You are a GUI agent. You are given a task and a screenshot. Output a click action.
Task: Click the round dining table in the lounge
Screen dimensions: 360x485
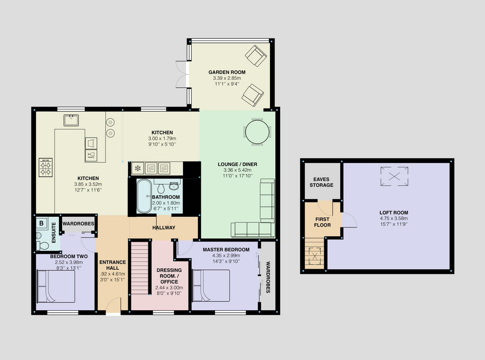pos(257,132)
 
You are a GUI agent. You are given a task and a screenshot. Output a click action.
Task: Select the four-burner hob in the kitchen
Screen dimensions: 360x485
pos(46,167)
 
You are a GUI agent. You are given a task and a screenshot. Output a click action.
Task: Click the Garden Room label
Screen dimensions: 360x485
pos(227,72)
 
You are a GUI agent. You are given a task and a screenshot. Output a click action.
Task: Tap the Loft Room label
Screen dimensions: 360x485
pos(393,212)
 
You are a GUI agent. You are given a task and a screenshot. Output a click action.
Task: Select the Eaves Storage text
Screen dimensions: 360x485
pos(322,182)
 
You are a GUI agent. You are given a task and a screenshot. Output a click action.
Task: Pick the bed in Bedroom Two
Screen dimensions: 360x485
pos(56,287)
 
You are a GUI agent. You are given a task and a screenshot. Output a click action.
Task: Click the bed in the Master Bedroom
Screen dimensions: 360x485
pos(211,286)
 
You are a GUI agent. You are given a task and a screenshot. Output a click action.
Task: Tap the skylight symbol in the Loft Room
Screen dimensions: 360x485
pos(394,176)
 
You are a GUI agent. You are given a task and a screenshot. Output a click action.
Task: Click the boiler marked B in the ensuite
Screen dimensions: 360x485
pos(41,223)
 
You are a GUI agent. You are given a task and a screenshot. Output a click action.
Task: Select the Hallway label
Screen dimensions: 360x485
pos(164,228)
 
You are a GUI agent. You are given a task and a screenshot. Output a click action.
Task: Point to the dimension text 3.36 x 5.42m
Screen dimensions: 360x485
pos(238,170)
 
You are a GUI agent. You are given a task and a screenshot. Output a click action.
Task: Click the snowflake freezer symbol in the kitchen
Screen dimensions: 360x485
pos(137,168)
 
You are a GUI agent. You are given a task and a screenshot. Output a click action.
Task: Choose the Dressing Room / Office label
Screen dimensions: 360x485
pos(169,276)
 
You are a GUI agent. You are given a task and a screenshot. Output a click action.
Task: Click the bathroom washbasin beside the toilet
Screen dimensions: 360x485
pos(174,186)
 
